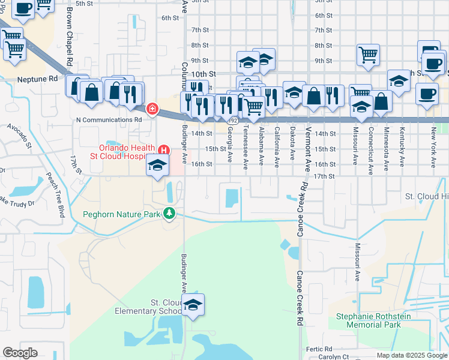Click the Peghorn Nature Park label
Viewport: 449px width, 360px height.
[122, 214]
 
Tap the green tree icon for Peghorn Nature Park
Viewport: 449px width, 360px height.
[170, 214]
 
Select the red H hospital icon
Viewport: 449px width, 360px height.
[163, 149]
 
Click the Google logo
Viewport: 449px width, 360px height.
[20, 353]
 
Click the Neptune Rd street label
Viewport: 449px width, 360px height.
[37, 79]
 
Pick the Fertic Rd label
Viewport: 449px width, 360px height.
[319, 349]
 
